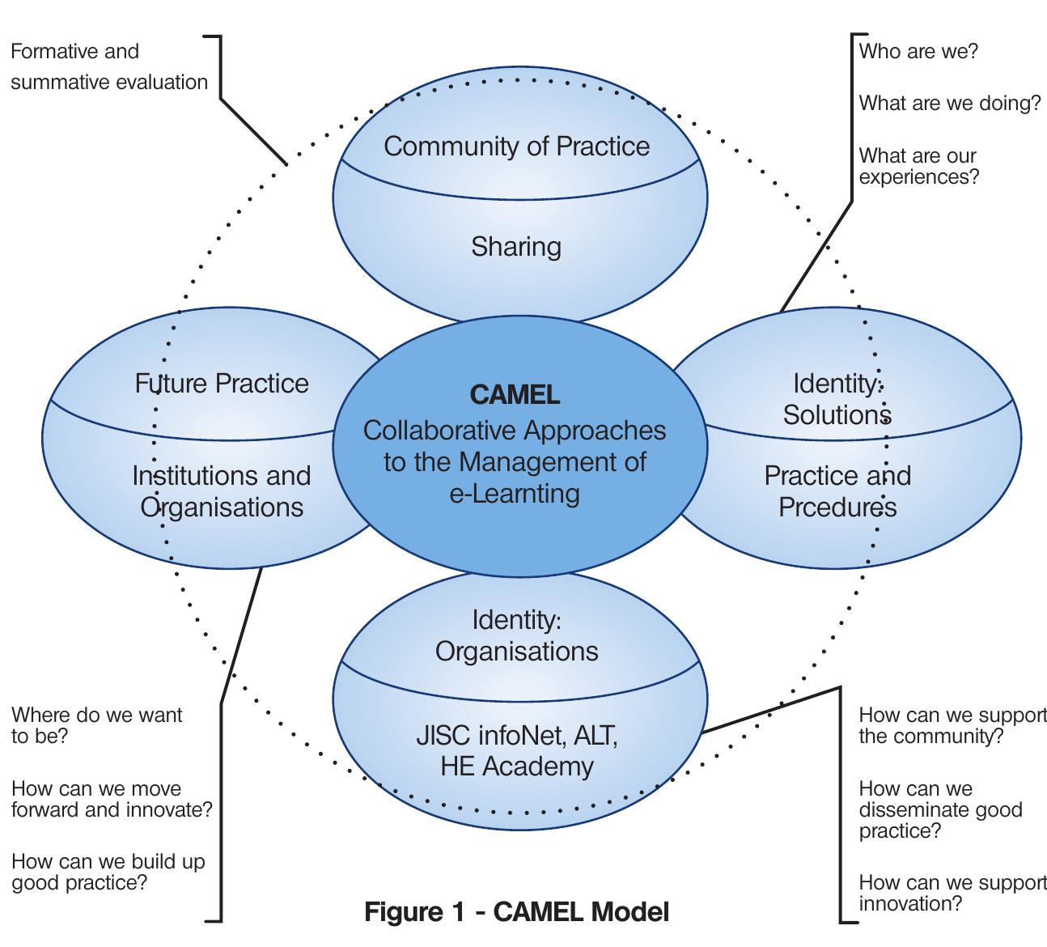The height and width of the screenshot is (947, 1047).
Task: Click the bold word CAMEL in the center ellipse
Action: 515,394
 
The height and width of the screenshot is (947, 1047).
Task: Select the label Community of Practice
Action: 516,147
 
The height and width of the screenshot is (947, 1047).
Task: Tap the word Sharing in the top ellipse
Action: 516,246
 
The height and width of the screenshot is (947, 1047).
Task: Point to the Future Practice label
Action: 222,383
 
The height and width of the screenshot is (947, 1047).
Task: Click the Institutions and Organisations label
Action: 222,490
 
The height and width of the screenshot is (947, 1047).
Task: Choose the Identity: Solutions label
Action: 837,398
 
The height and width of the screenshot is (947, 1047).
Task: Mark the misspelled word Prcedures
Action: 837,507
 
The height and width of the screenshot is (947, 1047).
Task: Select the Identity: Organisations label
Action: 516,635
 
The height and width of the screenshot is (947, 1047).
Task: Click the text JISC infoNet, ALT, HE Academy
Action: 516,750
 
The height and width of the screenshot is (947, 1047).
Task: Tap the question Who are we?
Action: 918,52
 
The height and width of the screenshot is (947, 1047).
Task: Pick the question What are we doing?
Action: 949,104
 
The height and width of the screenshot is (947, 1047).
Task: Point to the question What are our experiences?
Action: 918,166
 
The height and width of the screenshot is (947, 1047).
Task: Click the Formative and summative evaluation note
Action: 109,66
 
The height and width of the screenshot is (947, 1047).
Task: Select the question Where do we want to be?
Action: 97,725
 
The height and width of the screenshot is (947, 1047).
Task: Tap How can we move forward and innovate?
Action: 112,799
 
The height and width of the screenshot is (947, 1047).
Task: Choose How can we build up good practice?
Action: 108,872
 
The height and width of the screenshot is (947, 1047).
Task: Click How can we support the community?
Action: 952,725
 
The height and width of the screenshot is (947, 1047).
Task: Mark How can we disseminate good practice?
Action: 940,809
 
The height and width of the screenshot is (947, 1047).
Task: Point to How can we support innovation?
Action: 952,893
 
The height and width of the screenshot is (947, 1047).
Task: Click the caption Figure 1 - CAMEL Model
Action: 516,912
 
